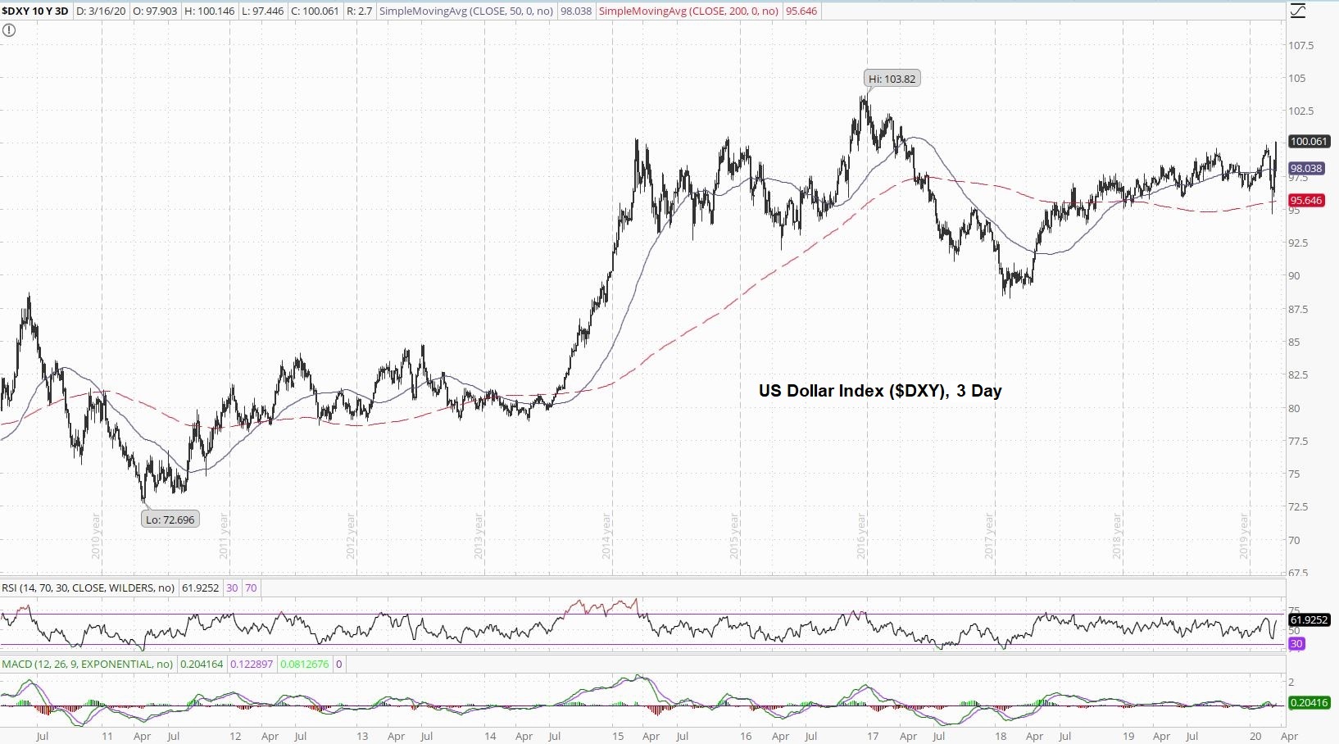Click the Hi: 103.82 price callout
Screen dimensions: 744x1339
[x=892, y=79]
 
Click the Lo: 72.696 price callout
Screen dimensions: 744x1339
[x=170, y=519]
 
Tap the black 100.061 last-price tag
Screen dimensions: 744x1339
[x=1309, y=142]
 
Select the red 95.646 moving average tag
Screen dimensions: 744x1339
[x=1306, y=201]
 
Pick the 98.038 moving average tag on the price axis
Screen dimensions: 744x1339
[x=1306, y=169]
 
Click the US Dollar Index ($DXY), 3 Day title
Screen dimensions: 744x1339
[x=880, y=391]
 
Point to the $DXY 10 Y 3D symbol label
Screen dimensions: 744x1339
[x=35, y=11]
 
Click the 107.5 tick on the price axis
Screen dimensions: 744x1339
[x=1300, y=46]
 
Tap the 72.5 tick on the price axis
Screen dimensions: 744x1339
[x=1300, y=507]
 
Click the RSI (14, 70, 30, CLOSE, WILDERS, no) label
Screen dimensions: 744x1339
[x=88, y=588]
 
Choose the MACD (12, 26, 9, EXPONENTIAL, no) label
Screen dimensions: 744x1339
[x=88, y=665]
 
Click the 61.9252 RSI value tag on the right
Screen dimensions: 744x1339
[x=1309, y=620]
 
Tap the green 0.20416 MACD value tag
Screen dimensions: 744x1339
[x=1309, y=703]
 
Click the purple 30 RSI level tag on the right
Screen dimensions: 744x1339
[x=1296, y=644]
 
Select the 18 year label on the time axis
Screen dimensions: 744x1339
[x=1001, y=736]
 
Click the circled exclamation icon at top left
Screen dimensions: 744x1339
[x=8, y=30]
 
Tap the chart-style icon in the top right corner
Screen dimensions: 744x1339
[x=1298, y=11]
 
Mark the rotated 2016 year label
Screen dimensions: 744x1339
[x=862, y=537]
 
